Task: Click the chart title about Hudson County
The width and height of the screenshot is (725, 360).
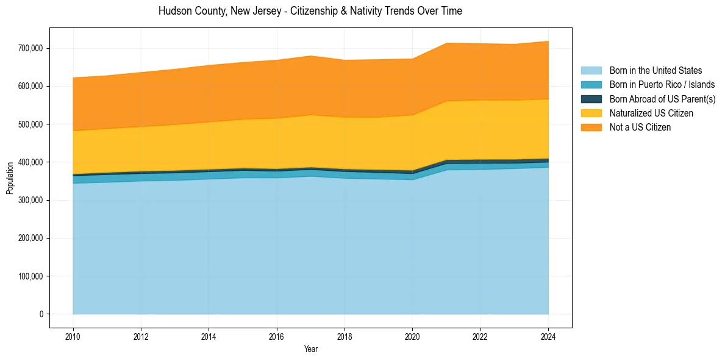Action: coord(310,11)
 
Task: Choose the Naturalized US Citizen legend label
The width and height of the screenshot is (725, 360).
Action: coord(651,113)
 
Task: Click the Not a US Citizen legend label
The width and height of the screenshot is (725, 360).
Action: coord(640,127)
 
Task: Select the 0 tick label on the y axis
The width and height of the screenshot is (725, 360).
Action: coord(41,314)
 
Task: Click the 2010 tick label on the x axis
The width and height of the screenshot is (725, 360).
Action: coord(73,336)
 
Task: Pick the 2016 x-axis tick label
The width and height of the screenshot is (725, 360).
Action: coord(277,336)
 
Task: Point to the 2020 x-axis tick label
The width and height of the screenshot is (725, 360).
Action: coord(413,336)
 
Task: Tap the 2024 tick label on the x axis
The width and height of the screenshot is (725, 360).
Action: coord(548,336)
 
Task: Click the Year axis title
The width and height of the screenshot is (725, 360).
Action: coord(310,350)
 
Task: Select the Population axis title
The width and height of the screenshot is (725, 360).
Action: coord(10,178)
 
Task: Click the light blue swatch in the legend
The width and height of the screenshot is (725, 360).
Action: coord(591,71)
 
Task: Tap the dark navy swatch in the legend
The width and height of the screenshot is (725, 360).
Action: coord(591,99)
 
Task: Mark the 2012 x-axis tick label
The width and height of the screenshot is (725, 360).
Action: coord(141,336)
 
